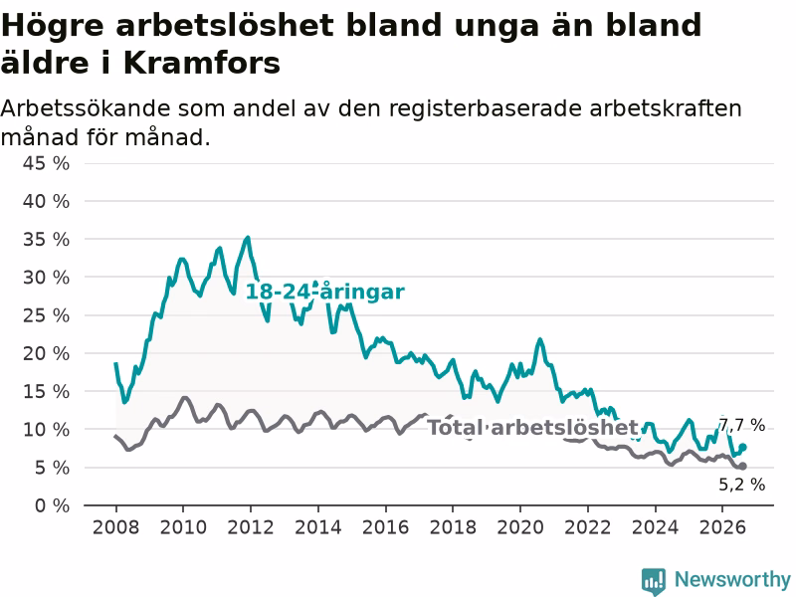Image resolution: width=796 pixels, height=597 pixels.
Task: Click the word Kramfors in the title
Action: pyautogui.click(x=202, y=64)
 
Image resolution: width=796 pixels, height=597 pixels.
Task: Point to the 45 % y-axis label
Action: pyautogui.click(x=46, y=163)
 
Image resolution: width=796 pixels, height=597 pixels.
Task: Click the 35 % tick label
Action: pyautogui.click(x=46, y=239)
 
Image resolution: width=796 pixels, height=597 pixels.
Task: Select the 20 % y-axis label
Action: pyautogui.click(x=46, y=353)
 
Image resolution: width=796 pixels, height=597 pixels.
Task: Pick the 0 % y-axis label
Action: pyautogui.click(x=53, y=505)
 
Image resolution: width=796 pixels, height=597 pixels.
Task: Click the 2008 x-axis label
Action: pyautogui.click(x=115, y=527)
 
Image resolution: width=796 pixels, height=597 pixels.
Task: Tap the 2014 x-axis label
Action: pyautogui.click(x=317, y=527)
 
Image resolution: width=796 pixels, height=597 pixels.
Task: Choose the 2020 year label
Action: pyautogui.click(x=519, y=527)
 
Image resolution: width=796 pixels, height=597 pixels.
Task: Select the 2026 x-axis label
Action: pyautogui.click(x=722, y=527)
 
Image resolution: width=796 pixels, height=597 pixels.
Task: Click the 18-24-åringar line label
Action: pyautogui.click(x=325, y=292)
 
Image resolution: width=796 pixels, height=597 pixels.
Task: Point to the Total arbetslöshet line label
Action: pyautogui.click(x=532, y=428)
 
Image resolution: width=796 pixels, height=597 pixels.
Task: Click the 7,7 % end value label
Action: pyautogui.click(x=742, y=425)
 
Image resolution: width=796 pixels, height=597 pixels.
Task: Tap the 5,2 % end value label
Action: pyautogui.click(x=741, y=485)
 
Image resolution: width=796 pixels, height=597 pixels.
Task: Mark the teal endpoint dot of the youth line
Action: pyautogui.click(x=742, y=447)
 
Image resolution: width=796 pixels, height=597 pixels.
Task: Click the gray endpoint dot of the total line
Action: pyautogui.click(x=742, y=466)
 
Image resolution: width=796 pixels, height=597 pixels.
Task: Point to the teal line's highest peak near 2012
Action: pyautogui.click(x=248, y=237)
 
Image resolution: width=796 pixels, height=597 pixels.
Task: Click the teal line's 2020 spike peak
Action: pyautogui.click(x=539, y=339)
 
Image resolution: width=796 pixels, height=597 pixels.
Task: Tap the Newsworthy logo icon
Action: pyautogui.click(x=654, y=581)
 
